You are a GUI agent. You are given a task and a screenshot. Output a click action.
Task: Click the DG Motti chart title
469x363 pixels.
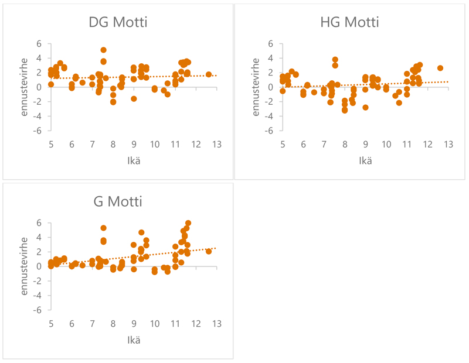[117, 23]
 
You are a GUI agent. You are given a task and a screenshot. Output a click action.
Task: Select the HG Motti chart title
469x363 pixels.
[349, 23]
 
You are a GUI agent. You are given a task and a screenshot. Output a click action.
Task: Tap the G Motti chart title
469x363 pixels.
[117, 202]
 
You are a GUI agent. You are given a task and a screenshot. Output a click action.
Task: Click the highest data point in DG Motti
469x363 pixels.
[103, 50]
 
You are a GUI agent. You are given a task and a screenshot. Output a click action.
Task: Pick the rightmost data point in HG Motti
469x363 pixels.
[440, 68]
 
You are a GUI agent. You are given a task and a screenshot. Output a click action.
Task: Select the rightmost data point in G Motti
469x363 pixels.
[209, 251]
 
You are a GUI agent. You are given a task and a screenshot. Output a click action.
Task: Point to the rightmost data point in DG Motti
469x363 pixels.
[209, 74]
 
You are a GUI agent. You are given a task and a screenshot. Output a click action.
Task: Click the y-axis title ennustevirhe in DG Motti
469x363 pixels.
[24, 87]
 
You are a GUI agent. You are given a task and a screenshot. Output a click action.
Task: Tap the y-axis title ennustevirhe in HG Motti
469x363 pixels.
[256, 87]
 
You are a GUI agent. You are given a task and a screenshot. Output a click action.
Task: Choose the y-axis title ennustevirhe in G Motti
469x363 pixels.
[24, 266]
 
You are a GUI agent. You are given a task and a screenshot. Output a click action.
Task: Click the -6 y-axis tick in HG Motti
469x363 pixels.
[271, 131]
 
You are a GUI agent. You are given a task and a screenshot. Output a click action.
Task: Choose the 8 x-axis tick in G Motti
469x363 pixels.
[113, 323]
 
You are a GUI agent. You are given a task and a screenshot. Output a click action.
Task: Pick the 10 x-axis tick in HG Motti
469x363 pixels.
[386, 144]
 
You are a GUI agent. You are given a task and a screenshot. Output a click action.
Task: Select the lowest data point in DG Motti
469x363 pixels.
[113, 102]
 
